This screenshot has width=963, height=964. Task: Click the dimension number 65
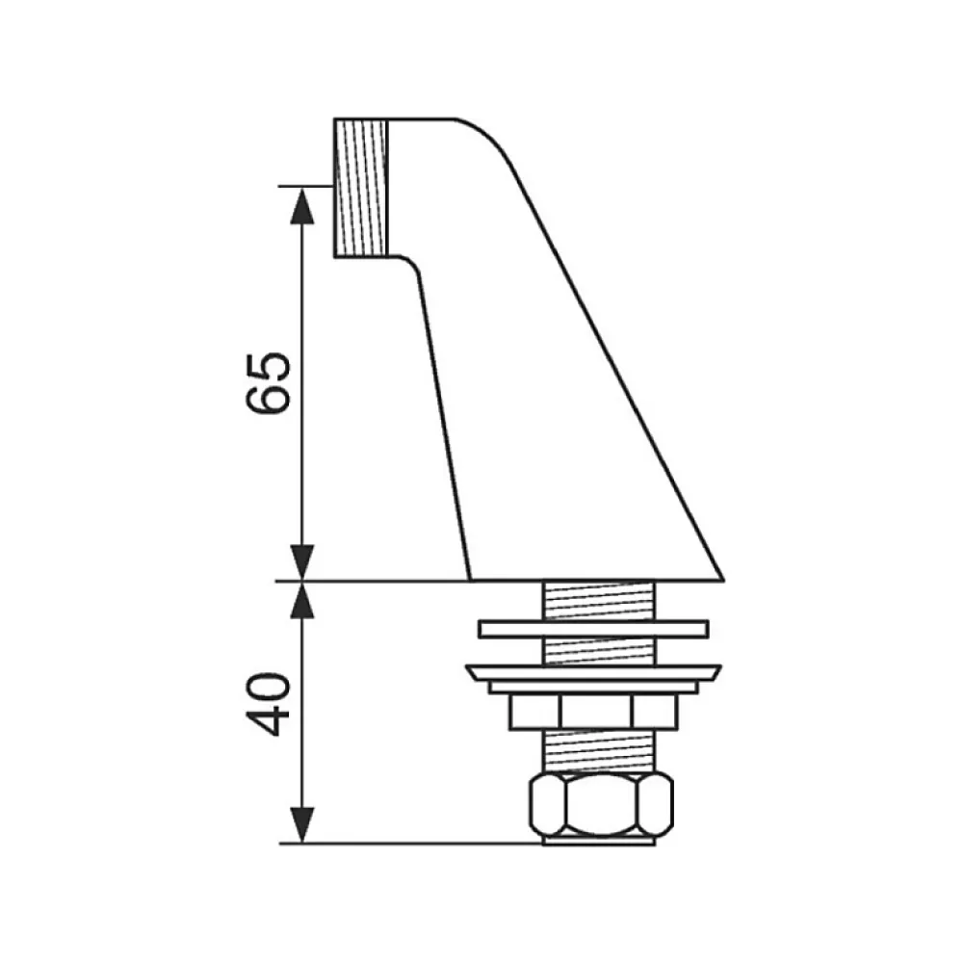[x=268, y=383]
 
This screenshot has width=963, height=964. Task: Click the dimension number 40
[x=268, y=704]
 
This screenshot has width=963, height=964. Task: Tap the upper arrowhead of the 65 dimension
[x=301, y=205]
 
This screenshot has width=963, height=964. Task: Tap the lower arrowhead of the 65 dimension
[x=301, y=561]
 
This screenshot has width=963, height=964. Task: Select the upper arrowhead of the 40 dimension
[x=301, y=599]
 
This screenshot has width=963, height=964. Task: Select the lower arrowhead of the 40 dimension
[x=301, y=825]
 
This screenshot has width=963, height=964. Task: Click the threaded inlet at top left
[x=361, y=188]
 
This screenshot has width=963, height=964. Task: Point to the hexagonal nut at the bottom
[x=602, y=805]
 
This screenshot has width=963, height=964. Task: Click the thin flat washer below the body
[x=594, y=629]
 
